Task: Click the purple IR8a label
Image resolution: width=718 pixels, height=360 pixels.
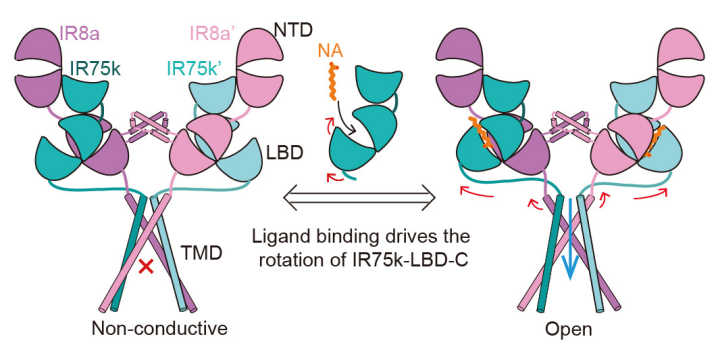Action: tap(80, 33)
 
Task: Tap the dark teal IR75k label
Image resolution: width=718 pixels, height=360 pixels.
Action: tap(96, 69)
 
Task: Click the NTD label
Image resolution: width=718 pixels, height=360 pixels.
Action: tap(293, 30)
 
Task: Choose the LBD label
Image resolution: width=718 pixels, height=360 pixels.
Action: tap(285, 153)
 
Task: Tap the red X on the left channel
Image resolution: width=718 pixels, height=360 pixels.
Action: tap(146, 267)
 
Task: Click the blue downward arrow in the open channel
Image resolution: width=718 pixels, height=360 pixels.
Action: tap(569, 236)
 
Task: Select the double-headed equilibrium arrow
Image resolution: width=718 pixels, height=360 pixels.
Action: tap(359, 199)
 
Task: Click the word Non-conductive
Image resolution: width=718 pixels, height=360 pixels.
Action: tap(159, 328)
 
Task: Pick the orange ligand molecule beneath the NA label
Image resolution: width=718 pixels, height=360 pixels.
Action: tap(334, 83)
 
